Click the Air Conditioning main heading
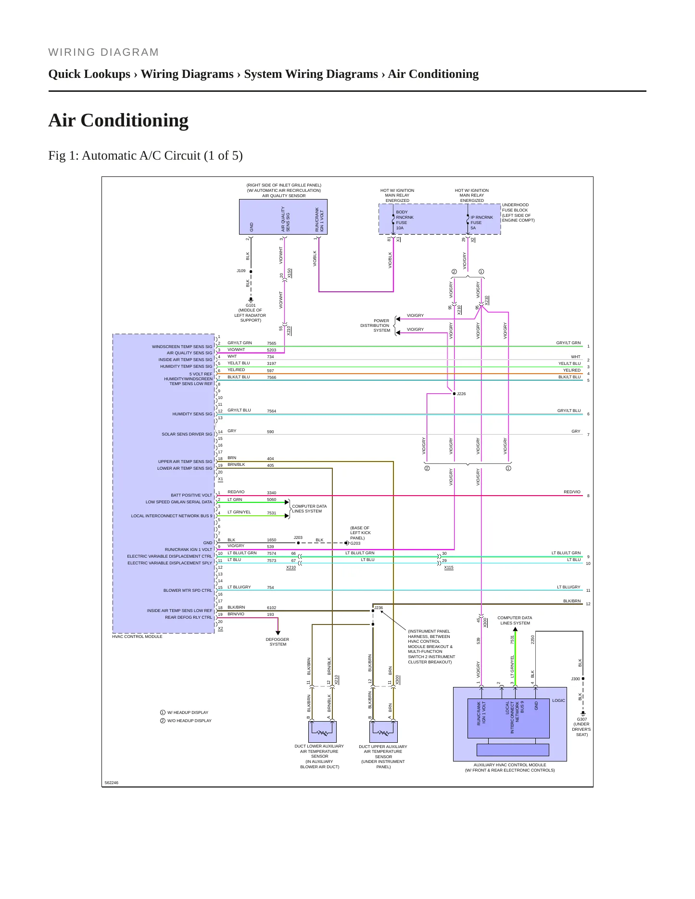(118, 120)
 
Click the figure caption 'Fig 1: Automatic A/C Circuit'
(145, 156)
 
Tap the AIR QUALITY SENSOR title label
(284, 196)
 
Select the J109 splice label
(241, 271)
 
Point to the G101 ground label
(251, 305)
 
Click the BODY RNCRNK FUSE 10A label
(404, 220)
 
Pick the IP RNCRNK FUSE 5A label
(481, 223)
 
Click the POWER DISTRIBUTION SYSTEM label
(375, 325)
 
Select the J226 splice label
(461, 394)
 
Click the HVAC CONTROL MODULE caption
(137, 637)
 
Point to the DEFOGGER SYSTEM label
(278, 642)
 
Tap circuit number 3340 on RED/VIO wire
(271, 493)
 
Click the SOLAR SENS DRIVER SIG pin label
(187, 434)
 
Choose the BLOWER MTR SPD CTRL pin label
(188, 590)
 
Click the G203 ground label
(355, 543)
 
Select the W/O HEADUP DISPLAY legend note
(190, 721)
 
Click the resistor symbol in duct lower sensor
(322, 733)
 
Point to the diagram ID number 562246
(112, 783)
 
